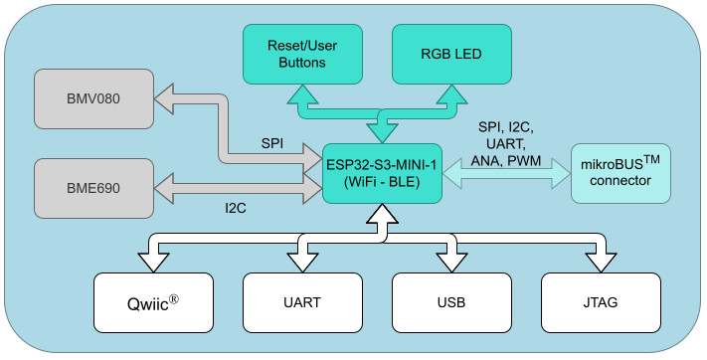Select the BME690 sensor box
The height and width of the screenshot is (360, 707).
tap(93, 186)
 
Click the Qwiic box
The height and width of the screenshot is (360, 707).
tap(153, 301)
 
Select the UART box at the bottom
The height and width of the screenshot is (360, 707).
tap(302, 301)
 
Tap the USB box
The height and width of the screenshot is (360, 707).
tap(451, 301)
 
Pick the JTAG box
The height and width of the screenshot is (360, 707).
tap(601, 301)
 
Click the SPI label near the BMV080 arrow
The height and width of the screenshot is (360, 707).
tap(271, 143)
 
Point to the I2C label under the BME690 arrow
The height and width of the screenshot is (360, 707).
tap(237, 210)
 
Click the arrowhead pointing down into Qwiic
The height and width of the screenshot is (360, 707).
tap(153, 262)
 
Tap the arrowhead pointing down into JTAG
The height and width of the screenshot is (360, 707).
tap(601, 262)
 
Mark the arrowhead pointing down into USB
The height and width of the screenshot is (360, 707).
tap(451, 262)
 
